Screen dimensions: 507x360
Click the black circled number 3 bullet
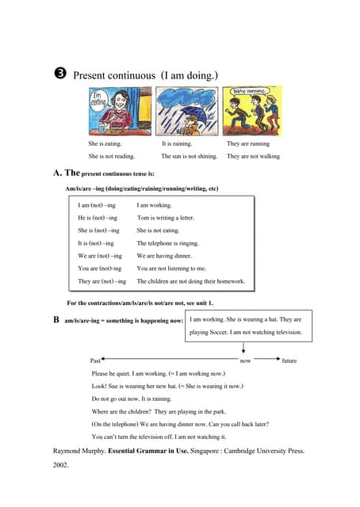(60, 75)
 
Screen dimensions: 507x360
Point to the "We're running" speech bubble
(247, 91)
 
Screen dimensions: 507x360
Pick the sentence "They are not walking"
(253, 157)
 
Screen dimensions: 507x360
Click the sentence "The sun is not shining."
(189, 157)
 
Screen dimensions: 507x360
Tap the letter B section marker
(56, 320)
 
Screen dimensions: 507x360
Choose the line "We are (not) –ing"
(100, 256)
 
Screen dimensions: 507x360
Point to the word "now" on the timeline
(245, 361)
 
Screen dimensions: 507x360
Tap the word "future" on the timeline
(289, 361)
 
